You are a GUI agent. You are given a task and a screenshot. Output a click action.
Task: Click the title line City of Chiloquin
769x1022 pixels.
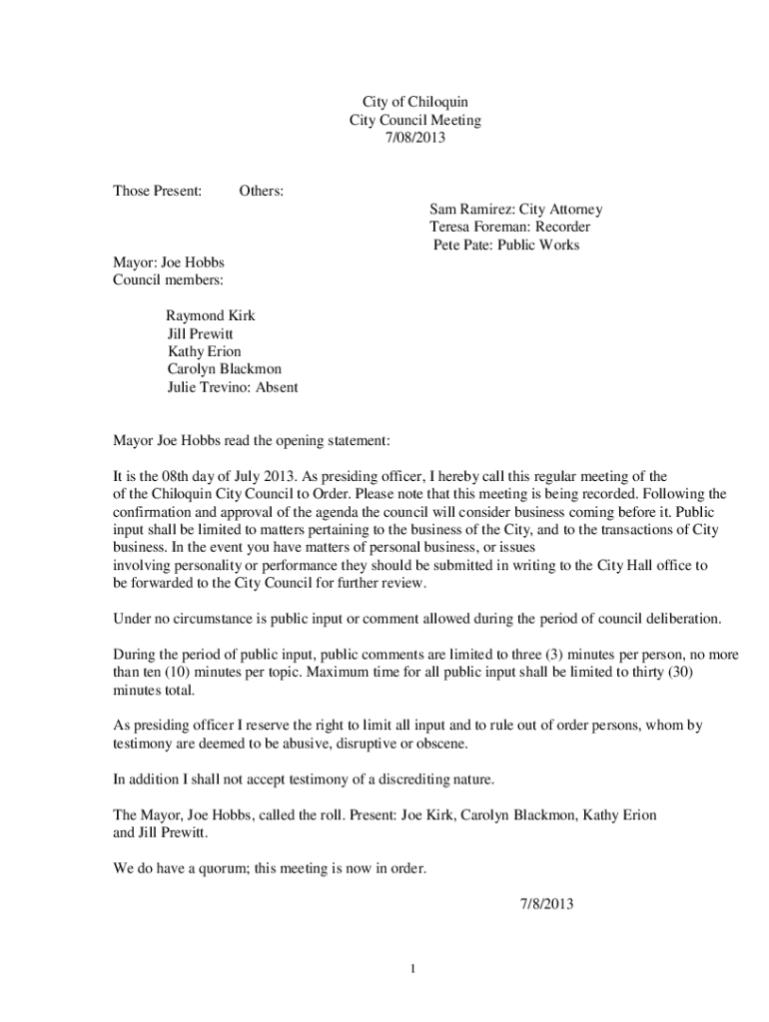(414, 102)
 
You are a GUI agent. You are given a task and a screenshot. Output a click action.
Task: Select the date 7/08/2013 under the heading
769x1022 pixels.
(414, 138)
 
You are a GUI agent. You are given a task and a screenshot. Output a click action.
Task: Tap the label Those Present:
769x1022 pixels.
(157, 190)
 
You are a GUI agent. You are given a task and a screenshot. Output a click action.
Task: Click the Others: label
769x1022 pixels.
(261, 190)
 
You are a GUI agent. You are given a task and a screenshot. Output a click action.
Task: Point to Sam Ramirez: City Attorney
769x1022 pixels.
(515, 209)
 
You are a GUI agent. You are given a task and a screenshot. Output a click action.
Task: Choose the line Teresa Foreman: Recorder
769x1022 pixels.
(509, 227)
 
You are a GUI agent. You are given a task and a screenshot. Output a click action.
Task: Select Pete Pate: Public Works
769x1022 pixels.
(506, 245)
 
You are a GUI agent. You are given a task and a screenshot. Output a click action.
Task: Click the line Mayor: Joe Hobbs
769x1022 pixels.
(168, 262)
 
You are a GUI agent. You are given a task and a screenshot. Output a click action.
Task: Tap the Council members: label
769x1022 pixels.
(168, 280)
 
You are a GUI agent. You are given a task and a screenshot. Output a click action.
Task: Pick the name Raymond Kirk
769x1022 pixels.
(210, 315)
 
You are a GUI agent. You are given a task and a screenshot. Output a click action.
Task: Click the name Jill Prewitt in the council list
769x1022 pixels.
(200, 333)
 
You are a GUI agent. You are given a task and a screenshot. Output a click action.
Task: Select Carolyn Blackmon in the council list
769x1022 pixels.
(225, 369)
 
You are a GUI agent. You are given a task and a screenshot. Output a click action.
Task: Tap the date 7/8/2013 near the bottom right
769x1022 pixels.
(546, 904)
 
